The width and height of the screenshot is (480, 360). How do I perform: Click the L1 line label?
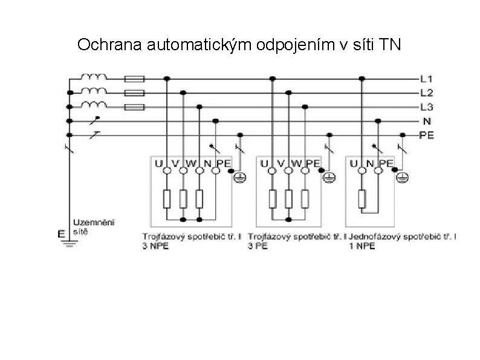(x=427, y=79)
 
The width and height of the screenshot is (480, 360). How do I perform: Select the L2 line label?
(x=427, y=93)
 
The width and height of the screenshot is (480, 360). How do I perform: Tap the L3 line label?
(x=427, y=106)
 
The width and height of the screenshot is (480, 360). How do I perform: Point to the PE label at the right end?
(x=427, y=135)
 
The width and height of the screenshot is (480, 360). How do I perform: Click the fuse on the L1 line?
(x=134, y=79)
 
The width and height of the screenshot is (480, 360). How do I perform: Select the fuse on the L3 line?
(x=134, y=107)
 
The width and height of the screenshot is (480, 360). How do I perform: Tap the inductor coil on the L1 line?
(x=95, y=77)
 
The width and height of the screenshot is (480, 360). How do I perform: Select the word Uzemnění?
(x=88, y=223)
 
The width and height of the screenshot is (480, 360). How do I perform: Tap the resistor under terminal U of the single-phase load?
(x=362, y=198)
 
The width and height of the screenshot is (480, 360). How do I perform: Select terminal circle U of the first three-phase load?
(x=166, y=171)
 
